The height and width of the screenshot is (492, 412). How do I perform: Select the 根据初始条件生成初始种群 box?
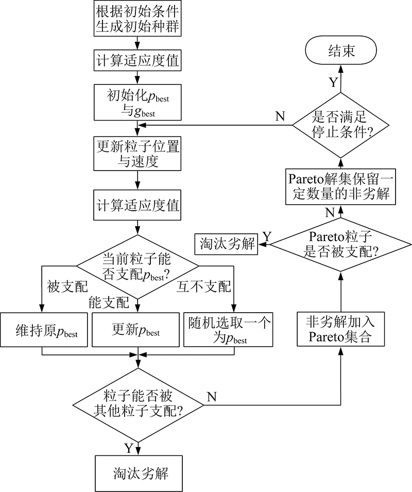click(x=137, y=18)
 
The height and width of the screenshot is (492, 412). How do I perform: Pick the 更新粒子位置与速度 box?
click(x=137, y=153)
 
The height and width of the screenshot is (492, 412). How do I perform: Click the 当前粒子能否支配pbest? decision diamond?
click(x=137, y=267)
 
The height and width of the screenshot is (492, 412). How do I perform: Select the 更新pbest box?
click(x=137, y=330)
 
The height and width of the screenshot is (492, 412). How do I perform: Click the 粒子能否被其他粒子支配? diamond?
click(x=137, y=404)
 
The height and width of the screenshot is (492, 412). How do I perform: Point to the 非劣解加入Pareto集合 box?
click(x=340, y=330)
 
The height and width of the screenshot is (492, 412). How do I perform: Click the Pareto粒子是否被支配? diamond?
click(x=340, y=244)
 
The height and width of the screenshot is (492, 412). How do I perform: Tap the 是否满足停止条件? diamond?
click(x=340, y=125)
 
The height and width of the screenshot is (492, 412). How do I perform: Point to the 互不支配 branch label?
click(x=204, y=286)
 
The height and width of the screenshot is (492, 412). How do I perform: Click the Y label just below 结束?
click(x=333, y=82)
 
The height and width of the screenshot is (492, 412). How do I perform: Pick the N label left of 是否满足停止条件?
click(x=280, y=115)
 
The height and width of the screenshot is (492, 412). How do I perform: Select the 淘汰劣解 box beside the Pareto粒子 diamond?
click(x=226, y=244)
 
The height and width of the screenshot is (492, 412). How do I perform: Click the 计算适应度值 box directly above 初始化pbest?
click(x=137, y=61)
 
